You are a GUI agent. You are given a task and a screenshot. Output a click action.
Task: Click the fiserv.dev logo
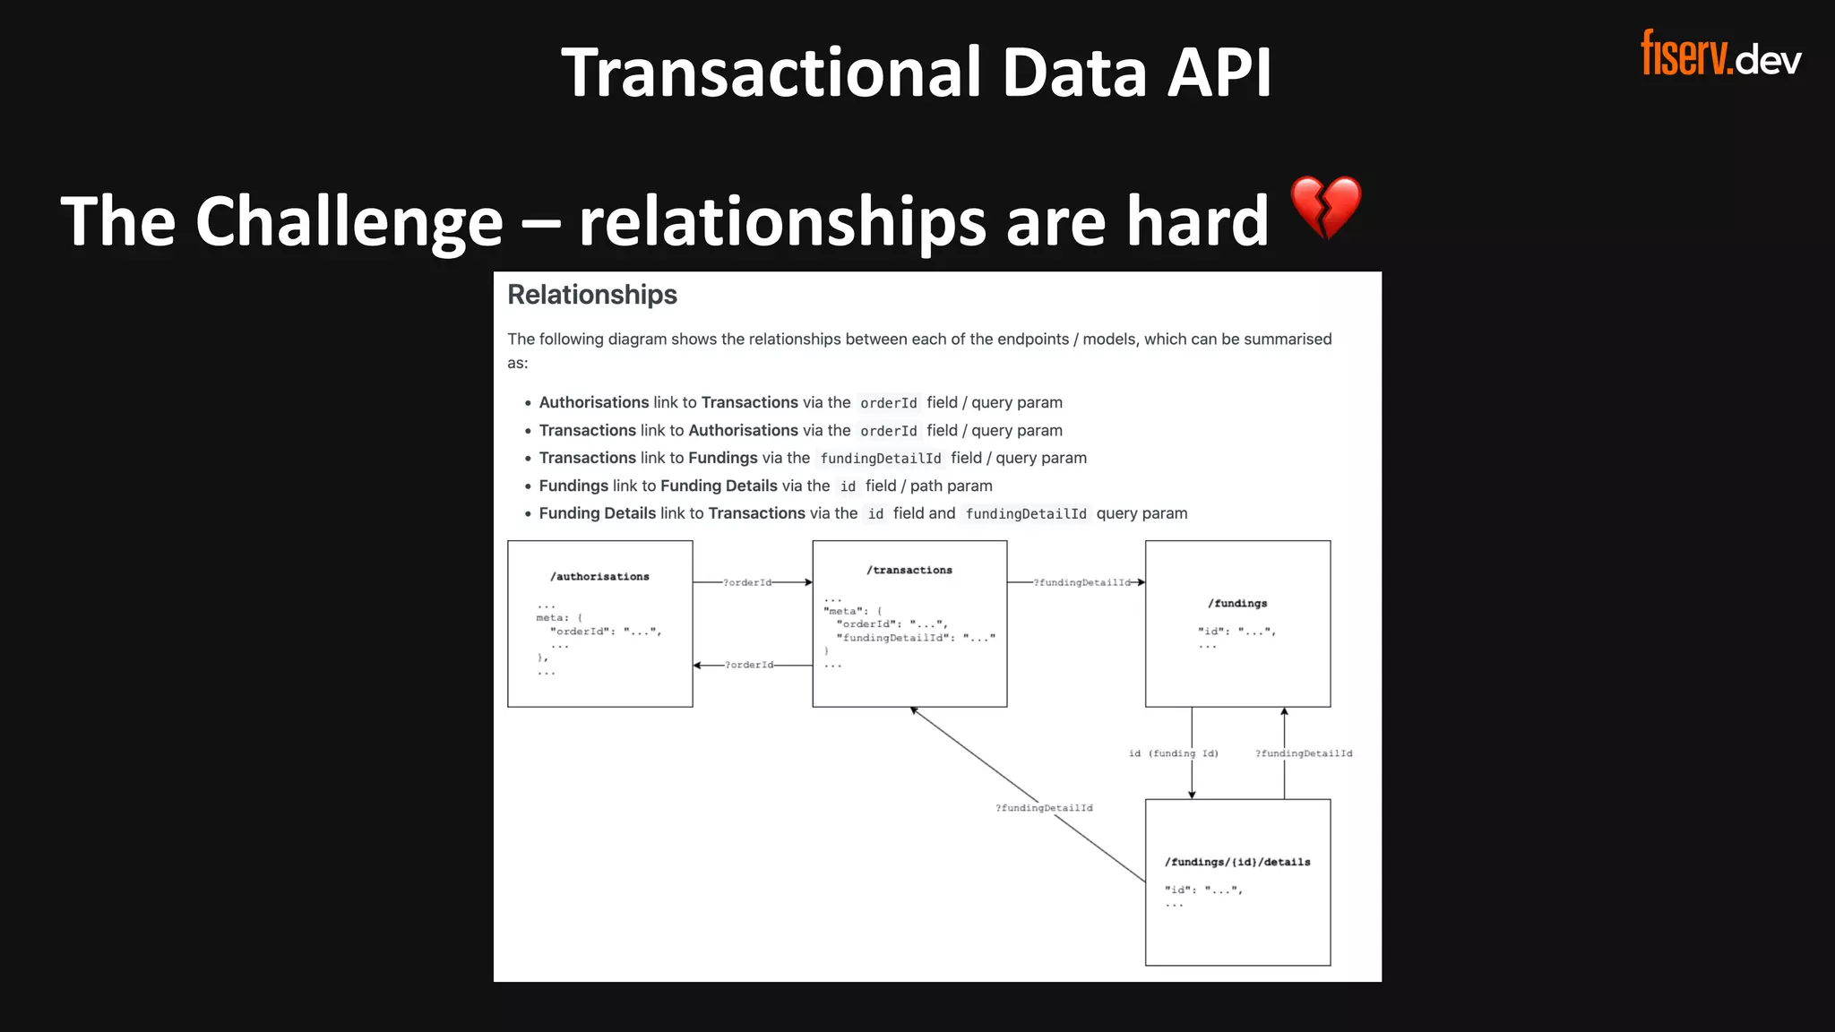1720,54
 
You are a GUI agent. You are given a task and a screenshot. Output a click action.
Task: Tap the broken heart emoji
1325,208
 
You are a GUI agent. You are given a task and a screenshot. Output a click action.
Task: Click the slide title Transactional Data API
916,73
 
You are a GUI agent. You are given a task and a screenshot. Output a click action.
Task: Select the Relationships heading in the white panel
592,295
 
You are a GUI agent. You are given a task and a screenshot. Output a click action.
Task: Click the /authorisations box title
599,577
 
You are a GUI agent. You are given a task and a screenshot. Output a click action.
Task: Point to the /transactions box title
909,571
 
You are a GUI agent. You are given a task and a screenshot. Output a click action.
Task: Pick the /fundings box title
1237,604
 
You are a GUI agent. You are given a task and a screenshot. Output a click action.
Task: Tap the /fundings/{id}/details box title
1237,863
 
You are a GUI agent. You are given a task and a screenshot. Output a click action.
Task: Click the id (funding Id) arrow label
1173,753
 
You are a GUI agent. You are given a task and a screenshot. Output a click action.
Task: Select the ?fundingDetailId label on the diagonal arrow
1044,808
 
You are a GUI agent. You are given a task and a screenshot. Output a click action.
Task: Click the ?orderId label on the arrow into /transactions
747,583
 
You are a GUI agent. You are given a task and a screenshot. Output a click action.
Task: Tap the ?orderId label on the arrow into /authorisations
749,666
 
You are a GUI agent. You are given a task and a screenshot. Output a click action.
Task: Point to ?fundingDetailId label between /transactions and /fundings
1082,583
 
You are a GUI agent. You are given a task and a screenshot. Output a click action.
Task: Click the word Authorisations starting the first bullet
594,403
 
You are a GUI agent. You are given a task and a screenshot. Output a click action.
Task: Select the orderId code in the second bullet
888,431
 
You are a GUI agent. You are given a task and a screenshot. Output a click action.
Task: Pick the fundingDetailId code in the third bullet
880,459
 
